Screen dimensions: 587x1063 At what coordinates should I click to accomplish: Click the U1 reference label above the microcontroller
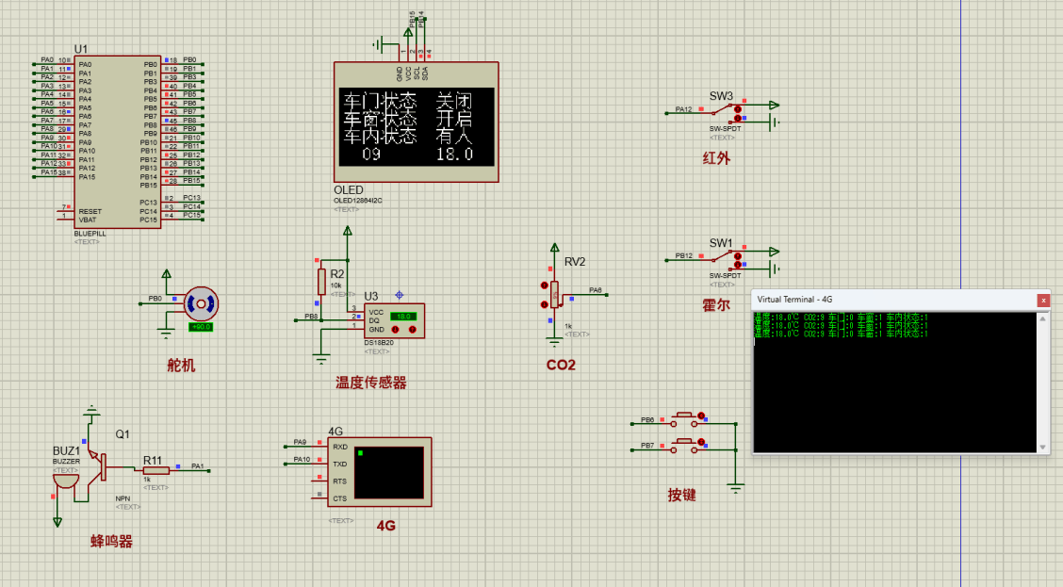point(81,48)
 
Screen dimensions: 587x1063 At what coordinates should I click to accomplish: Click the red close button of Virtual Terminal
point(1043,300)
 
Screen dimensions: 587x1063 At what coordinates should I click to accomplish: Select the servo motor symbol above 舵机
point(202,303)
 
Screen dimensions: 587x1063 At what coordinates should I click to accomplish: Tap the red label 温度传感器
point(371,383)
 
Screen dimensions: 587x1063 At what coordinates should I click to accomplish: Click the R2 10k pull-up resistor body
point(321,281)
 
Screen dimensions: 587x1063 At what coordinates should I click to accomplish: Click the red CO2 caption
point(561,365)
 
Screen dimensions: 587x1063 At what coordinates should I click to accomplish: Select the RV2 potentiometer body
point(553,293)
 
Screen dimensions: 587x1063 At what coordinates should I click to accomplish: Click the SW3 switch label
point(721,96)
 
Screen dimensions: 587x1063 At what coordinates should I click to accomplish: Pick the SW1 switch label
point(721,243)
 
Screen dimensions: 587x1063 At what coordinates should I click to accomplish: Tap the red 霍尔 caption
point(716,305)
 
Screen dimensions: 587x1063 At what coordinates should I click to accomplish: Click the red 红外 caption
point(716,158)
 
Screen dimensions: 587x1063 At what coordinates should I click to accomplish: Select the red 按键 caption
point(681,495)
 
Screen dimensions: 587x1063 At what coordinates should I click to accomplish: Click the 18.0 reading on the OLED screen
point(453,154)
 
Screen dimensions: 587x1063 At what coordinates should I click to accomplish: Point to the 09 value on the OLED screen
point(370,154)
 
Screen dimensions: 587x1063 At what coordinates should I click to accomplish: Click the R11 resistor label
point(153,461)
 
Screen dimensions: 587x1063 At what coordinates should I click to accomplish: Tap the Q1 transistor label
point(123,434)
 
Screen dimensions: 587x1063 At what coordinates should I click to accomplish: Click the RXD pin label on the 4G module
point(340,447)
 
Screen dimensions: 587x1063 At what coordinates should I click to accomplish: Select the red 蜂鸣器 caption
point(111,542)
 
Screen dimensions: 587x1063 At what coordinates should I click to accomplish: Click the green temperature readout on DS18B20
point(404,317)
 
